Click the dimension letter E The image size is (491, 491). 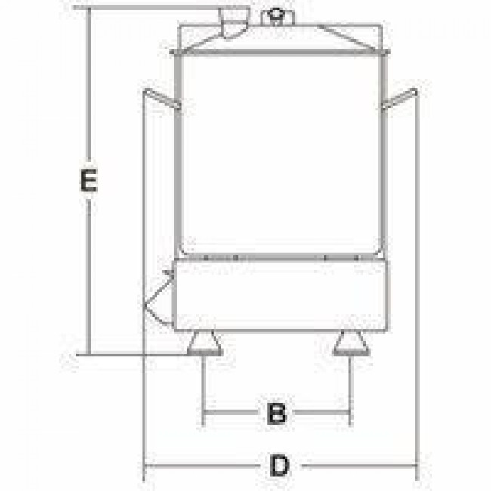point(88,180)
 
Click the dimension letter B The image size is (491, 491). point(276,412)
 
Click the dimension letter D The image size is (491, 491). point(279,465)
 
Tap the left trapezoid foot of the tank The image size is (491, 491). point(205,343)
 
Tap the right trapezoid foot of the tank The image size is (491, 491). point(352,343)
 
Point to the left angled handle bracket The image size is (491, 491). point(162,98)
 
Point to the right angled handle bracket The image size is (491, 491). point(400,98)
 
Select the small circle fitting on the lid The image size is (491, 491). point(276,14)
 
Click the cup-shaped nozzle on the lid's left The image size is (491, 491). point(234,23)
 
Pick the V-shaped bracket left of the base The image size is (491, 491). point(158,298)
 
